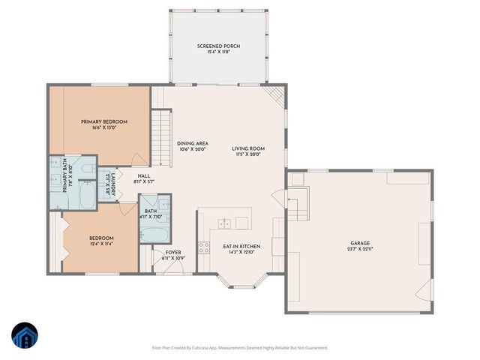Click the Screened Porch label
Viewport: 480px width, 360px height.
[x=218, y=46]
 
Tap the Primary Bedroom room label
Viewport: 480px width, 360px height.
[x=104, y=121]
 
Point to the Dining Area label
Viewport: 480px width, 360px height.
[x=193, y=143]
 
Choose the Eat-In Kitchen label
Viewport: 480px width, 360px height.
[x=241, y=246]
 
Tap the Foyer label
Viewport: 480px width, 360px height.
[x=173, y=253]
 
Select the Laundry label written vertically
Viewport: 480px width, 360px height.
[x=107, y=182]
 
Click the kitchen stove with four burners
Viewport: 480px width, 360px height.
[x=203, y=247]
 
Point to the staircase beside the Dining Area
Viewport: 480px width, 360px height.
[x=158, y=136]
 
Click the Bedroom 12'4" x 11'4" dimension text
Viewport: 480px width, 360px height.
[x=101, y=243]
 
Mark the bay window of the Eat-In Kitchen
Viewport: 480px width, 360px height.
[x=240, y=283]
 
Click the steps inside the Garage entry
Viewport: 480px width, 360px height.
[x=298, y=200]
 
